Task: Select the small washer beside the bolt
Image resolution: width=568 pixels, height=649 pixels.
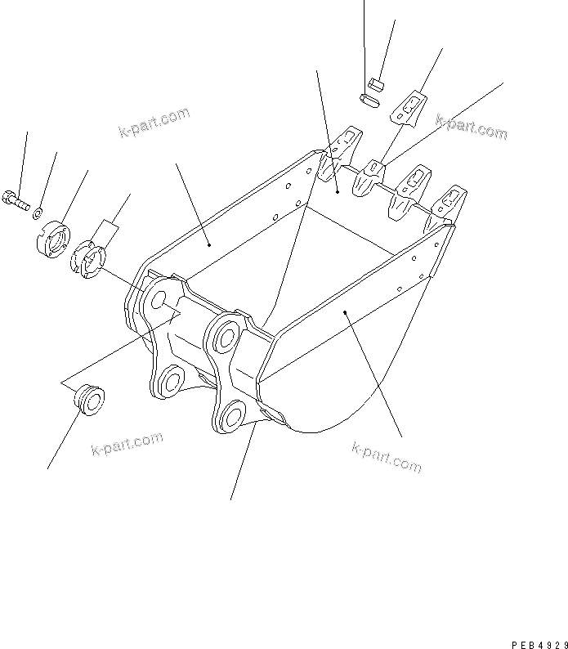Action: (x=38, y=213)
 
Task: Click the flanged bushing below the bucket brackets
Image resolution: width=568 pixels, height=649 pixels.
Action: (x=89, y=401)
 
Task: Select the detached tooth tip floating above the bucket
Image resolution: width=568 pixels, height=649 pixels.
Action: (x=408, y=109)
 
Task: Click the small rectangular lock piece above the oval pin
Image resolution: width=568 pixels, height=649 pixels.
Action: (x=377, y=82)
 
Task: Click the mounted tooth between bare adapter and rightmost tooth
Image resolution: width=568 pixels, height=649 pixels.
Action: (x=410, y=186)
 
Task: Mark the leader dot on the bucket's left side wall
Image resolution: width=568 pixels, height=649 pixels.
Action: (x=210, y=243)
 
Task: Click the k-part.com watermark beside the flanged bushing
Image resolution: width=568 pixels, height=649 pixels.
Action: (x=127, y=445)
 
